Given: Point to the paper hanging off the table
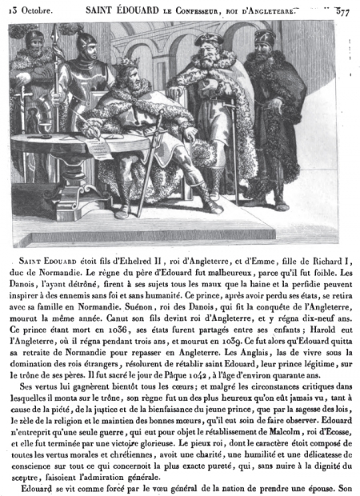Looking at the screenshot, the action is (98, 150).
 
